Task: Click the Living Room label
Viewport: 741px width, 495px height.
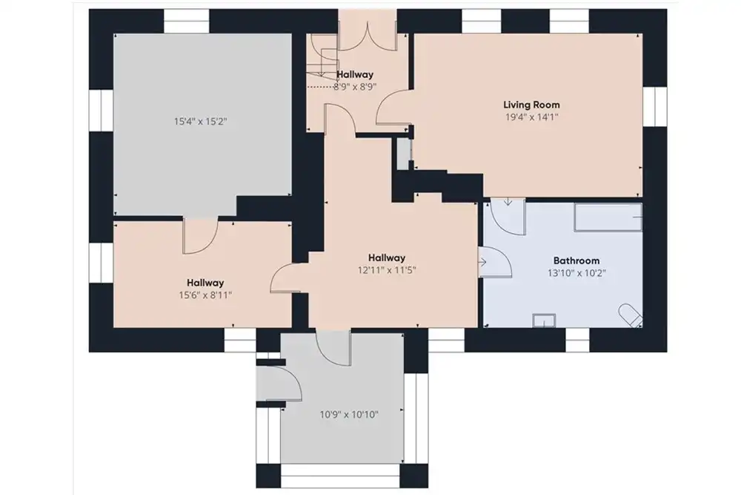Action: coord(531,105)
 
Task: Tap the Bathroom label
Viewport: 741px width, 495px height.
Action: coord(576,260)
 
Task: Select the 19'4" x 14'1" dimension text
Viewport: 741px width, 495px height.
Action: coord(531,117)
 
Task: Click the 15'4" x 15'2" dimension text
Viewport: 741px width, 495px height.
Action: coord(200,122)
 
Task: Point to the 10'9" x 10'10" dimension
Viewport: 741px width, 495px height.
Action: coord(349,415)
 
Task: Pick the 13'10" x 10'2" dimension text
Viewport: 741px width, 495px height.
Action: coord(576,272)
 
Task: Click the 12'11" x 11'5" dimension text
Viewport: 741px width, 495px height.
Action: coord(387,270)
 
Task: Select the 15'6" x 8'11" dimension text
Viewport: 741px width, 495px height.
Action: coord(205,295)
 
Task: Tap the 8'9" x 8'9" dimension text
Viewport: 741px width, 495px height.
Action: coord(355,87)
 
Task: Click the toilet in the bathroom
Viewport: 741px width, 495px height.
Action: coord(631,315)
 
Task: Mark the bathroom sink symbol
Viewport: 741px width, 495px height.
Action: coord(544,321)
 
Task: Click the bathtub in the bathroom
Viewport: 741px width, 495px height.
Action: coord(608,217)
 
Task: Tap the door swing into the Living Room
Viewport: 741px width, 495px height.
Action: coord(392,108)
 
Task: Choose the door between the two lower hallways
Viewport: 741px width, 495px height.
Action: coord(289,279)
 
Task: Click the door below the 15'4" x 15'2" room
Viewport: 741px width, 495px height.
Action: coord(200,236)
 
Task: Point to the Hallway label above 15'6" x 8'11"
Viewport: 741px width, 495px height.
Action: coord(205,283)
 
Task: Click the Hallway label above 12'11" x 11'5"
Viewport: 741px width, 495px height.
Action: coord(387,258)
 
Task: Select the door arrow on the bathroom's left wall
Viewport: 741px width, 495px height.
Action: coord(483,262)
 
